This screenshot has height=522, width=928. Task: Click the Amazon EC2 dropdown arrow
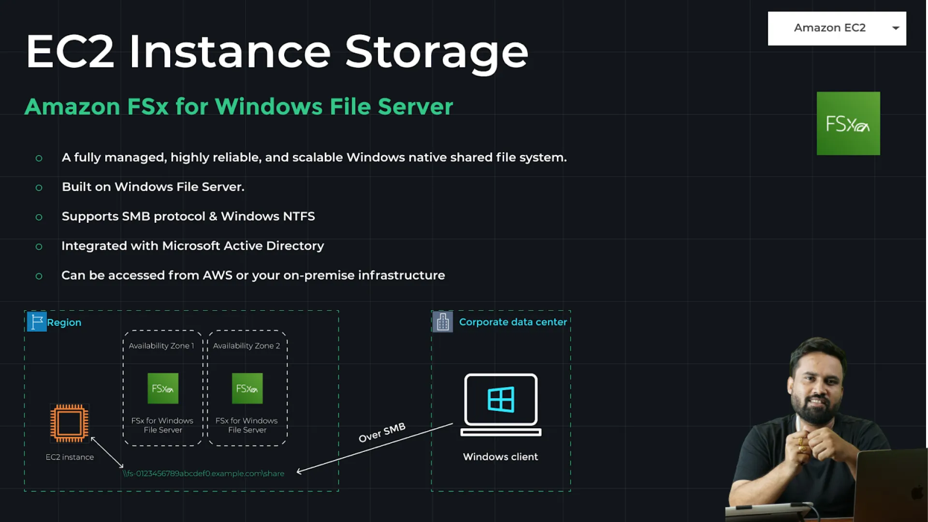[896, 28]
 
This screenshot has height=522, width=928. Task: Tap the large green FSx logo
[848, 124]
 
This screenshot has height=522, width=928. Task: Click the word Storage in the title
[436, 52]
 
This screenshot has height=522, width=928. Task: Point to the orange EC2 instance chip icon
[70, 423]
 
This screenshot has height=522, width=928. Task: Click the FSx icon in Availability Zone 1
[163, 389]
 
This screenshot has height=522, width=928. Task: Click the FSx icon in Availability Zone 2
[247, 389]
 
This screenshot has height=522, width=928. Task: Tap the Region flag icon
[37, 321]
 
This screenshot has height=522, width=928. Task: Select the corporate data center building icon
[443, 322]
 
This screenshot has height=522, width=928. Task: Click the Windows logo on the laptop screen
[501, 399]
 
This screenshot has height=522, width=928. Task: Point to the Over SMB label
[382, 433]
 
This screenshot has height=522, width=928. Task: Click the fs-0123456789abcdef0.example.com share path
[203, 474]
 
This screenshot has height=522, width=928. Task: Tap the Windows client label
[500, 457]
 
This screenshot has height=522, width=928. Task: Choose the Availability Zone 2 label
[246, 346]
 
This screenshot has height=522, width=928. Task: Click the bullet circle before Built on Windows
[39, 188]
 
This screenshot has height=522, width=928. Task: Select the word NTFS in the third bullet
[299, 217]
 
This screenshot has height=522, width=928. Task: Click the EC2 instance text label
[70, 457]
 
